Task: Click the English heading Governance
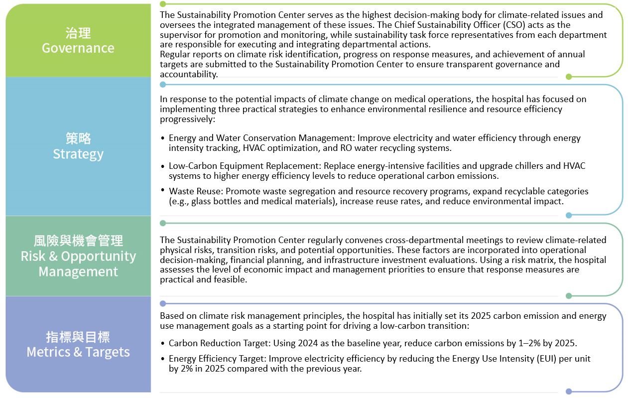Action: click(78, 48)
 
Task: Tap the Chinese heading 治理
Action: click(78, 33)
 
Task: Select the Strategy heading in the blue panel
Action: click(78, 154)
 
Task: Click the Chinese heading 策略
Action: click(78, 138)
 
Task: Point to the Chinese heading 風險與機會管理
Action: click(78, 241)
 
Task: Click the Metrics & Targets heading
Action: click(78, 352)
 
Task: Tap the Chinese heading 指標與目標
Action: click(78, 337)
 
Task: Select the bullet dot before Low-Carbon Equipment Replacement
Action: click(163, 166)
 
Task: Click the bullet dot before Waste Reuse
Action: click(163, 190)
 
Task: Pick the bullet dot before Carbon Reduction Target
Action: click(163, 343)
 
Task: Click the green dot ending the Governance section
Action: click(569, 77)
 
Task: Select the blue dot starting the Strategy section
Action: click(163, 84)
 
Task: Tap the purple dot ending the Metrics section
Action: click(569, 392)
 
